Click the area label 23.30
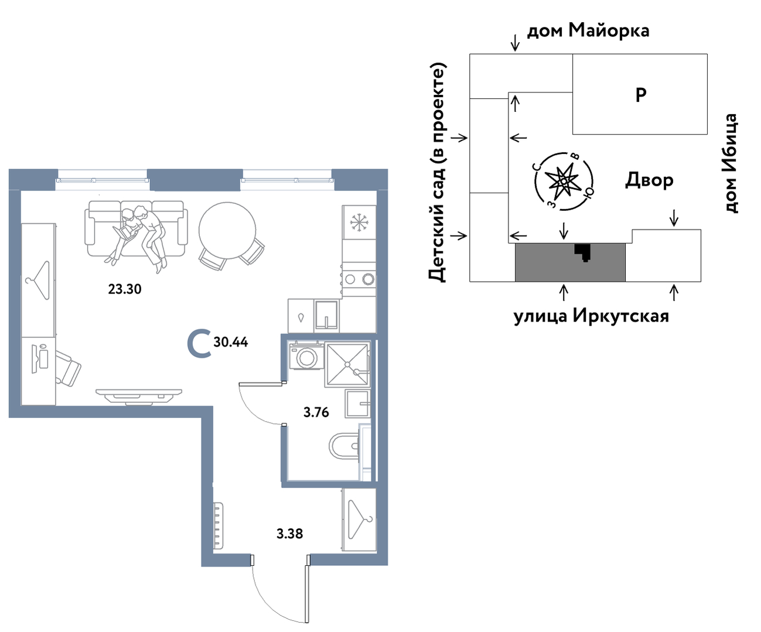pyautogui.click(x=125, y=289)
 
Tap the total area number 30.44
pyautogui.click(x=231, y=342)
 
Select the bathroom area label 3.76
pyautogui.click(x=316, y=412)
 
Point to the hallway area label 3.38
pyautogui.click(x=290, y=534)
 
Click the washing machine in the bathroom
pyautogui.click(x=306, y=356)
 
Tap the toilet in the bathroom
pyautogui.click(x=344, y=445)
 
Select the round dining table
pyautogui.click(x=227, y=230)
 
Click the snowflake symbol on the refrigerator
pyautogui.click(x=359, y=223)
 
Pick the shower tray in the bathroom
pyautogui.click(x=347, y=364)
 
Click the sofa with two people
pyautogui.click(x=136, y=229)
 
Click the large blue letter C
pyautogui.click(x=199, y=343)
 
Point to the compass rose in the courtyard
pyautogui.click(x=564, y=181)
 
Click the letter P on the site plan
pyautogui.click(x=641, y=95)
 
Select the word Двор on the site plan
pyautogui.click(x=649, y=180)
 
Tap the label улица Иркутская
pyautogui.click(x=591, y=316)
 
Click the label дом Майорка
pyautogui.click(x=588, y=30)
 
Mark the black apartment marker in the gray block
pyautogui.click(x=582, y=252)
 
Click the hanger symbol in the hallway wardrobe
pyautogui.click(x=360, y=520)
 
